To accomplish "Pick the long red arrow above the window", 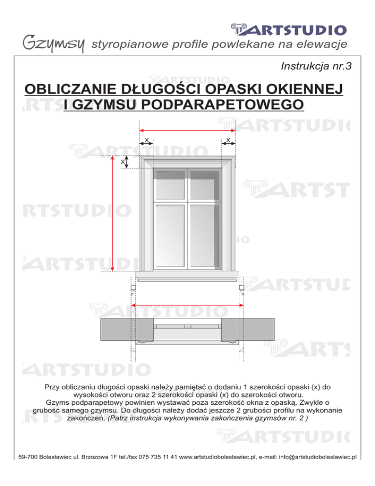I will click(x=187, y=130).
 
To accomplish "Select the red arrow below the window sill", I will click(x=188, y=305).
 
